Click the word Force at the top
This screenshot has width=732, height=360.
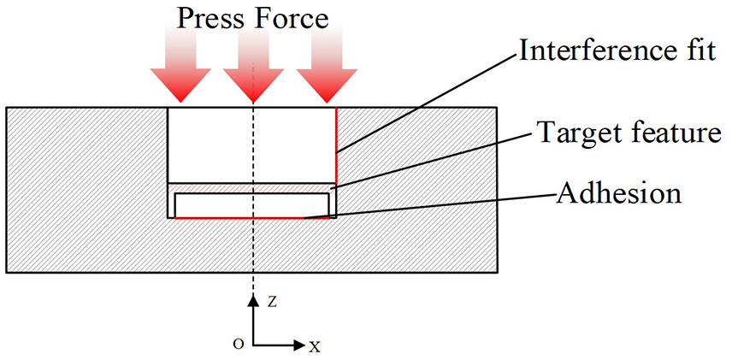(292, 19)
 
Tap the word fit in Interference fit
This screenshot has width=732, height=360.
(699, 51)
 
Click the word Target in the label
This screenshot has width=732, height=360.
(573, 133)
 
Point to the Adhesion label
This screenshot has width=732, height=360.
(618, 192)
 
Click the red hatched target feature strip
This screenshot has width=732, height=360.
(251, 188)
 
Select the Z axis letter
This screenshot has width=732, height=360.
(272, 302)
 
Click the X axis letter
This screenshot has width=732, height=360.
(315, 346)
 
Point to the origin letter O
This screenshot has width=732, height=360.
(239, 345)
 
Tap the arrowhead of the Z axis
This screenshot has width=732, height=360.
(253, 300)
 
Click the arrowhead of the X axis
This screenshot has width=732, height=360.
(298, 345)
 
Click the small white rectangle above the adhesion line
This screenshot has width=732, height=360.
(251, 205)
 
